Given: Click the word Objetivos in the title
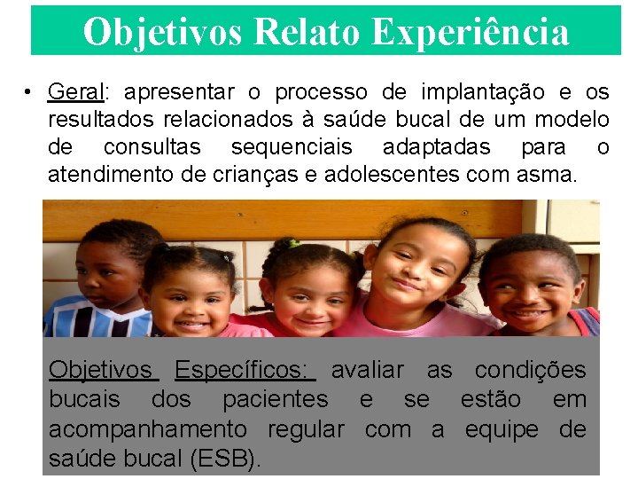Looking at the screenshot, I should click(x=163, y=32).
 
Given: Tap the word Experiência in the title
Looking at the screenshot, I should click(x=470, y=32).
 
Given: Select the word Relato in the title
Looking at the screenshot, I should click(x=307, y=32).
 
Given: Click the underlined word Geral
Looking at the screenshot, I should click(x=76, y=92).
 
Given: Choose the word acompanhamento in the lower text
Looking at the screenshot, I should click(x=148, y=430).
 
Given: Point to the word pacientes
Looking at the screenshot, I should click(x=275, y=400).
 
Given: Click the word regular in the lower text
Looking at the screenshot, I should click(x=305, y=430).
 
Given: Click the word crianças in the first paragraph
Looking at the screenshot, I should click(x=250, y=175).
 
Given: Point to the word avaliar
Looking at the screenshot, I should click(x=367, y=370).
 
